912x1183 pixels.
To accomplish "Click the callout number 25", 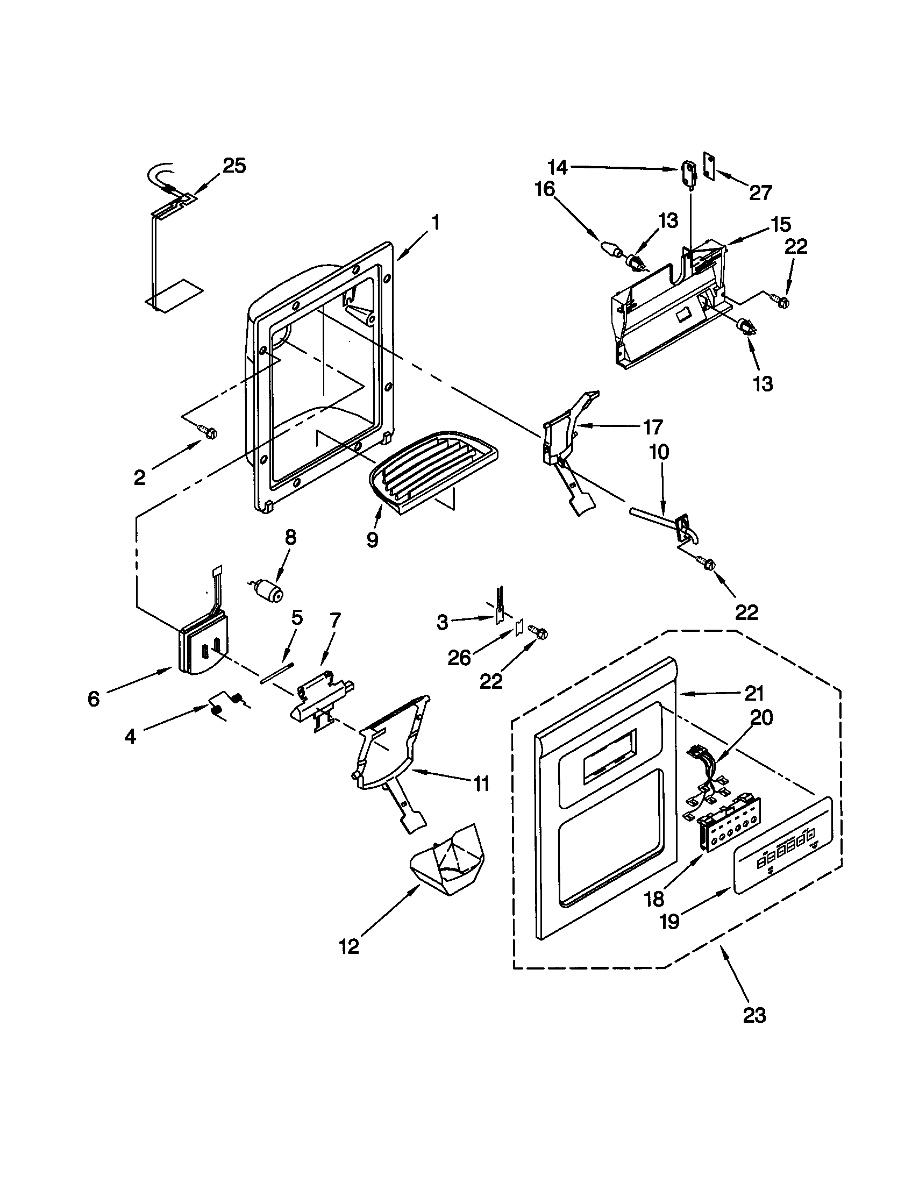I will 234,166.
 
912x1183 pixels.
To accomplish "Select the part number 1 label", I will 436,222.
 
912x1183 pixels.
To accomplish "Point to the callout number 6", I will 94,699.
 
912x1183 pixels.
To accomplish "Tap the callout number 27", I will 760,193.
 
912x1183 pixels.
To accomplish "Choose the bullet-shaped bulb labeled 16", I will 611,250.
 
